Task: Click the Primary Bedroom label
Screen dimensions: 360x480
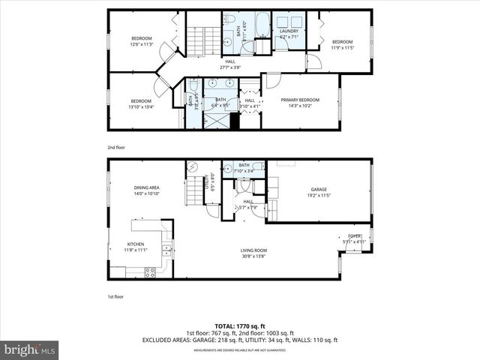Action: click(299, 99)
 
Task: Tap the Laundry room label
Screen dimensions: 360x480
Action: click(289, 31)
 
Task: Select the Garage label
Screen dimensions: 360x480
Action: click(319, 189)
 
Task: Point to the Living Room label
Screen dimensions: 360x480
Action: click(253, 250)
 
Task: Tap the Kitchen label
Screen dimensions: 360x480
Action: click(135, 244)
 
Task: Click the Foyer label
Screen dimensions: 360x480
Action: click(355, 236)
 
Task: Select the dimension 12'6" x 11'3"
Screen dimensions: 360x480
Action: click(142, 44)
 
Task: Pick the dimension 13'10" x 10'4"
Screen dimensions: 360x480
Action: click(141, 106)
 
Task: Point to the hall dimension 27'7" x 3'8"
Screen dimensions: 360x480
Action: click(230, 67)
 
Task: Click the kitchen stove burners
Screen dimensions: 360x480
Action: click(150, 271)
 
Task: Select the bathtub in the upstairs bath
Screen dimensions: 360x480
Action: click(262, 24)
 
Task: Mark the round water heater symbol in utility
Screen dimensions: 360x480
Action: click(191, 166)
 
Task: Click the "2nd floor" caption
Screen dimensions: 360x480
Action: click(116, 148)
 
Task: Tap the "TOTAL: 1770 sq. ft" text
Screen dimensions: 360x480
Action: click(240, 326)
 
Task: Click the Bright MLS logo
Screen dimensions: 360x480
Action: click(30, 349)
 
